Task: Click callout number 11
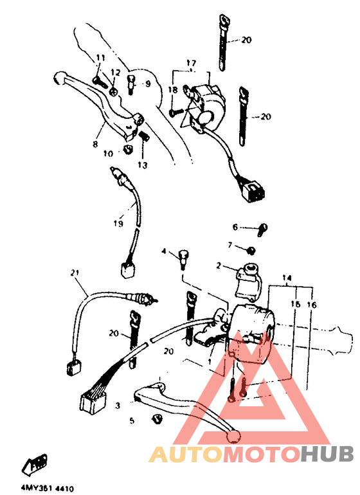pyautogui.click(x=100, y=59)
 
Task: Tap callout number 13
pyautogui.click(x=142, y=165)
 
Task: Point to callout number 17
pyautogui.click(x=191, y=62)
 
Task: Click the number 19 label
pyautogui.click(x=118, y=223)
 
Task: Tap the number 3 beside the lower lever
pyautogui.click(x=118, y=406)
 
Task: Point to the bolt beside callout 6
pyautogui.click(x=262, y=227)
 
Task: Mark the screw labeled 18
pyautogui.click(x=175, y=112)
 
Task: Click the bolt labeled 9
pyautogui.click(x=130, y=82)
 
